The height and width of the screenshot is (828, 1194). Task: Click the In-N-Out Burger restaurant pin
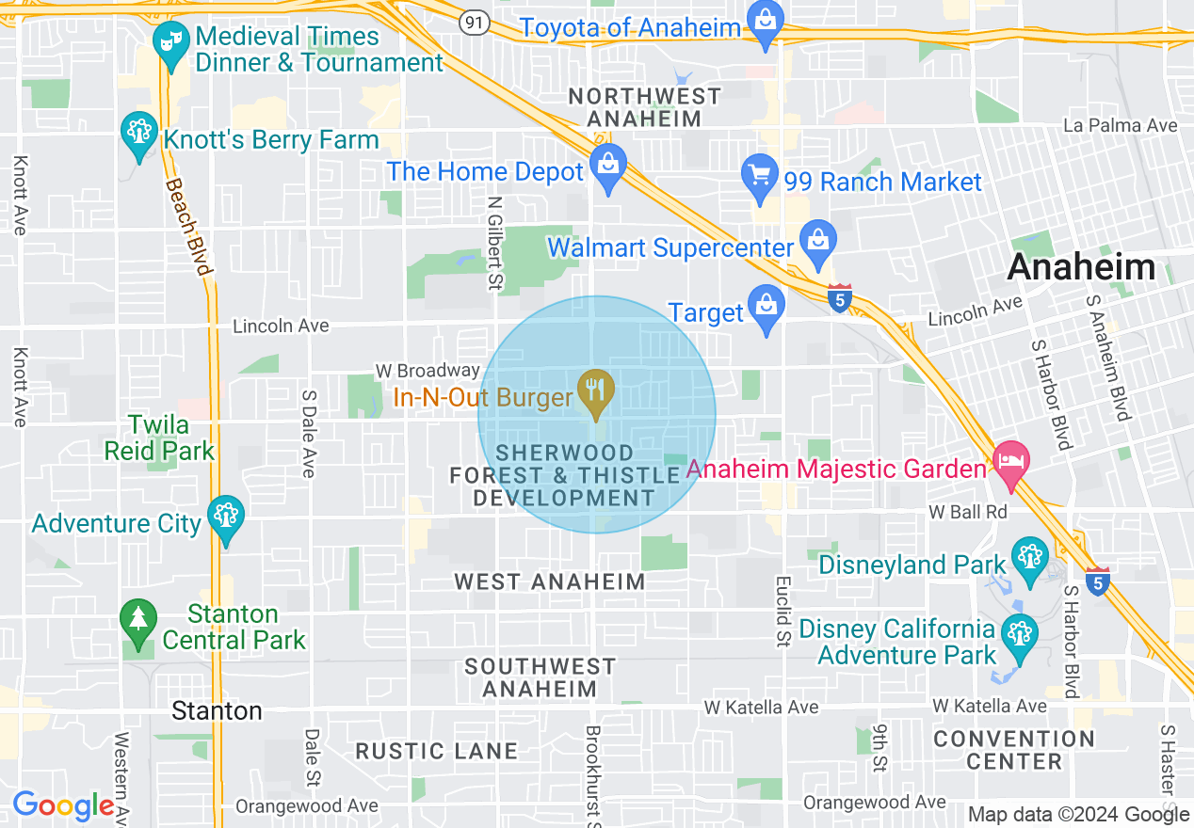594,394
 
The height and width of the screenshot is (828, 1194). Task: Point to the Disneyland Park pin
1029,559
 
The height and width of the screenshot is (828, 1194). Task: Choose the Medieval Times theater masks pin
170,46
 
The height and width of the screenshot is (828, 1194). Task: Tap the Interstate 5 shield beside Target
839,298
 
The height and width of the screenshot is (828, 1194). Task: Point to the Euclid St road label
783,613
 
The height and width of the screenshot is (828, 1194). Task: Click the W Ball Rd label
968,512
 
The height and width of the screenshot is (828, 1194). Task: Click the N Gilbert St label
493,243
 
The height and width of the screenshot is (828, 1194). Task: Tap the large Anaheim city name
1081,267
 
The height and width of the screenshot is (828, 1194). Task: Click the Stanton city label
217,710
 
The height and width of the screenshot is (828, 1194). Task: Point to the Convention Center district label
1013,750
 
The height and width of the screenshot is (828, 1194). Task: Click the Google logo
64,805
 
